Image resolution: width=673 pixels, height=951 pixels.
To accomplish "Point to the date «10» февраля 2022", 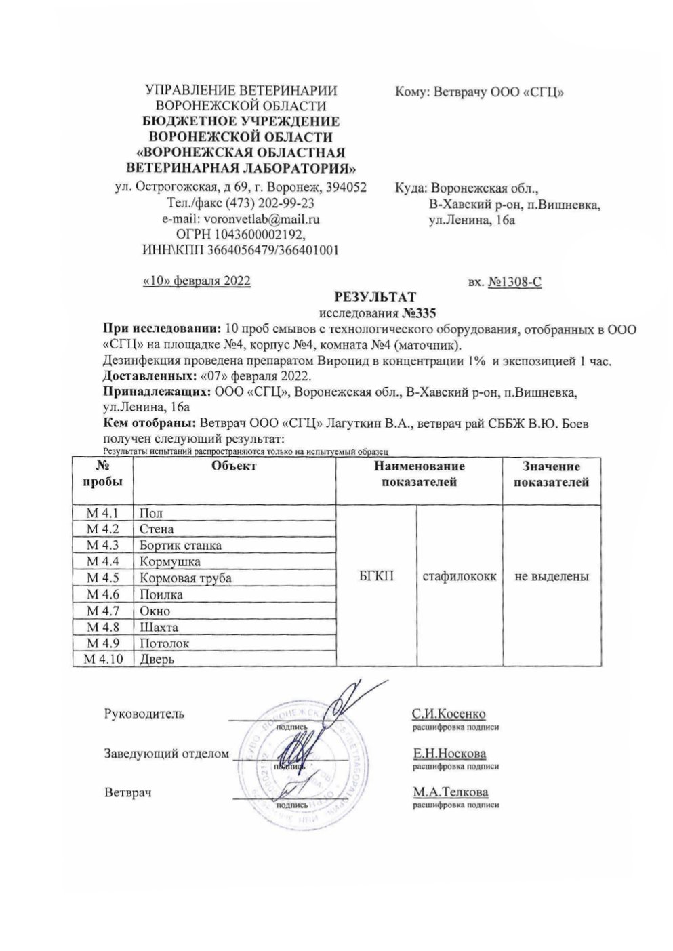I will [x=196, y=281].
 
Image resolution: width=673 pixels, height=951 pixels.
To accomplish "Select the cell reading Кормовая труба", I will [x=185, y=578].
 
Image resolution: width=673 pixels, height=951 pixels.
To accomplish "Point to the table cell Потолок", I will [x=164, y=643].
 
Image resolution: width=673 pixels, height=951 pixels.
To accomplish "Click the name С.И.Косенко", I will [x=449, y=714].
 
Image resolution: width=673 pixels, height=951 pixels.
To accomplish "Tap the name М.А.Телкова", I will [x=450, y=792].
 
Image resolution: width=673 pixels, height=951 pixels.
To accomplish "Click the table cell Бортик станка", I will [x=180, y=545].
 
